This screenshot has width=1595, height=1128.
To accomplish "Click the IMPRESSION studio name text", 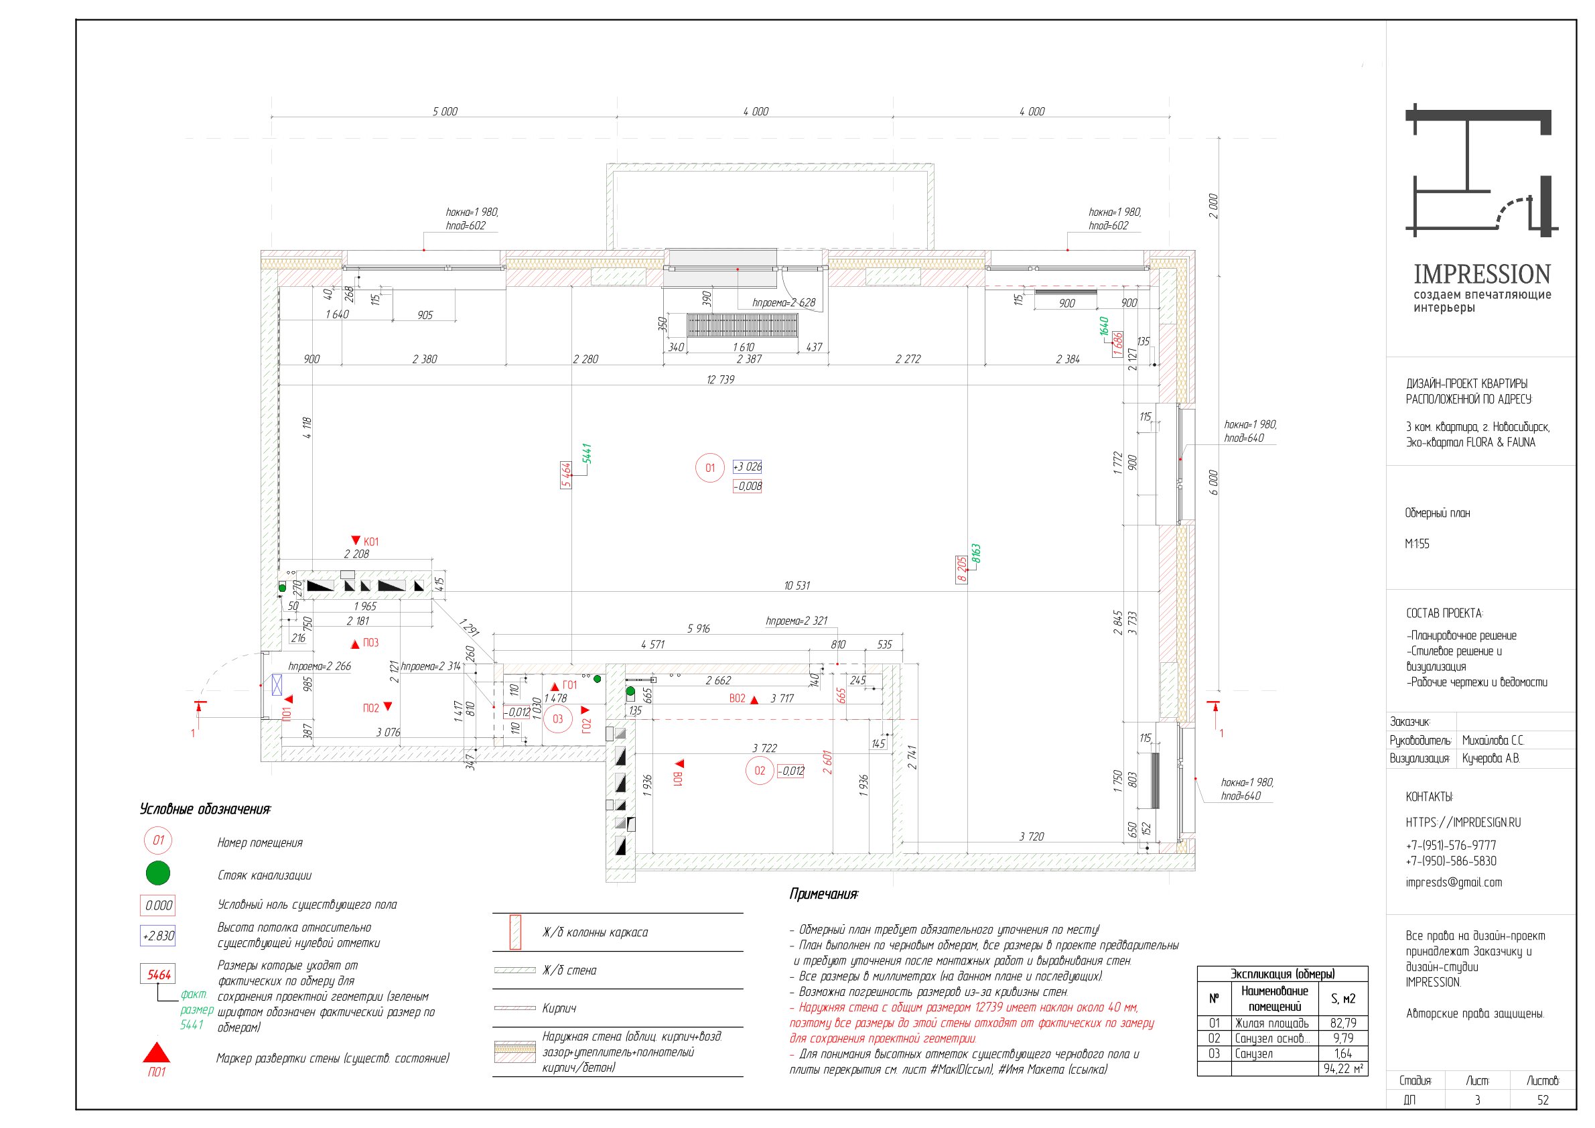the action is pos(1482,274).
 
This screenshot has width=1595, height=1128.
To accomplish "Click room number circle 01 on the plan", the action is pos(709,468).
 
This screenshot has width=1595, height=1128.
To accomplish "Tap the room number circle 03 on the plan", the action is pos(557,718).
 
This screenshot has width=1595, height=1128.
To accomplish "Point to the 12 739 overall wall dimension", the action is pos(719,379).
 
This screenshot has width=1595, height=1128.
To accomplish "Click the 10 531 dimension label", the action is pos(796,585).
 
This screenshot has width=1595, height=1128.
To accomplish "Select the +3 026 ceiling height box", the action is pos(747,466).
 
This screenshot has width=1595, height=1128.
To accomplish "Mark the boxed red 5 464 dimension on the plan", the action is pos(565,475).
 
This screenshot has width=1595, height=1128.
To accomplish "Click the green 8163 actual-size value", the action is pos(975,554).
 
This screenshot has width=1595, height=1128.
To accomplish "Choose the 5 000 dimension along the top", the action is pos(445,111).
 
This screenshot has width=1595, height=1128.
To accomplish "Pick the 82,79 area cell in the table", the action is pos(1343,1022).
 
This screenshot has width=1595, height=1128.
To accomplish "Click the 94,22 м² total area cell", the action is pos(1343,1068).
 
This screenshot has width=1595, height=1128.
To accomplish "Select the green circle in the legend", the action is pos(157,873).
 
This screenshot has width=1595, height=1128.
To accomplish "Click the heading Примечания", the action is pos(823,894).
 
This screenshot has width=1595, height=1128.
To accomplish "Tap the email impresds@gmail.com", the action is pos(1453,882).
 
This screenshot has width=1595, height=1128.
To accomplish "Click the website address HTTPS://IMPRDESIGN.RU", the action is pos(1463,822).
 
